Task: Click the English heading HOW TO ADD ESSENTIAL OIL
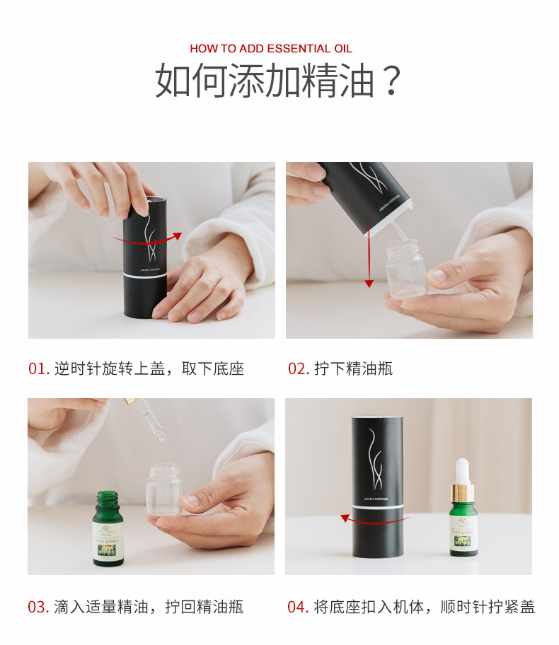tap(270, 49)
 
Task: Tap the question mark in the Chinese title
tap(391, 81)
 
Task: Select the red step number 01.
tap(38, 368)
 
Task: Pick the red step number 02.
tap(298, 368)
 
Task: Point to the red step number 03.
tap(38, 607)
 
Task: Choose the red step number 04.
tap(298, 607)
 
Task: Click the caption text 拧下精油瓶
tap(353, 368)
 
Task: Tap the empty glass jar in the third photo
tap(163, 488)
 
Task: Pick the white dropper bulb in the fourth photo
tap(463, 470)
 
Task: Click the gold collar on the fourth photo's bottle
tap(463, 492)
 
